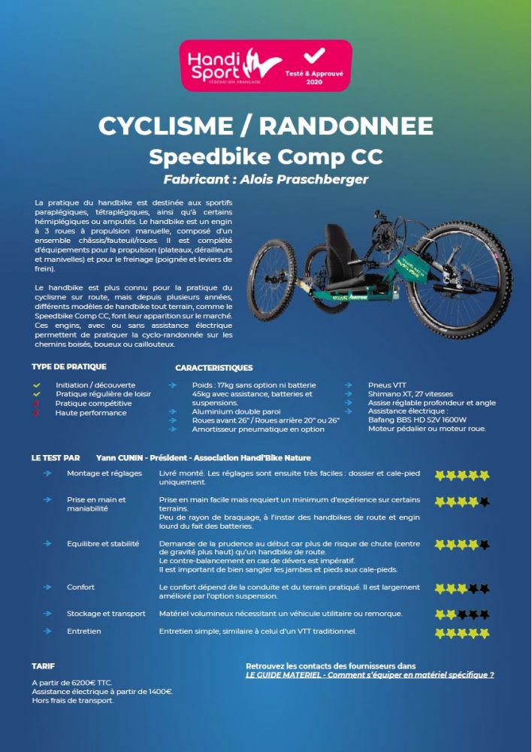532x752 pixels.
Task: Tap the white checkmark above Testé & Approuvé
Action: (x=314, y=56)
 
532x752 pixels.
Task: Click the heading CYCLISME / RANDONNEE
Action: (x=266, y=126)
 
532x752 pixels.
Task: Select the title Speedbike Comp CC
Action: (x=266, y=156)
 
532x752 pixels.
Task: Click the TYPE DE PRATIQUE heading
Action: (x=69, y=367)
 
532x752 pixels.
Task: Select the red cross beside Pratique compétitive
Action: (x=36, y=404)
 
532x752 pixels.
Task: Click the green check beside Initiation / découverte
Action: (x=36, y=385)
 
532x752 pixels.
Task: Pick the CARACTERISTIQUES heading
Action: (x=213, y=368)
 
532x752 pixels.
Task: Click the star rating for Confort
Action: (x=461, y=588)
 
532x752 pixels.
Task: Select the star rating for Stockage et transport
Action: (x=461, y=614)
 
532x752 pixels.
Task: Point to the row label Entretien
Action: (x=83, y=632)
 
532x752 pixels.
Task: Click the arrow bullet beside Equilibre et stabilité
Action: (x=48, y=543)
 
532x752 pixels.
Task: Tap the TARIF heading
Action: (x=44, y=666)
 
